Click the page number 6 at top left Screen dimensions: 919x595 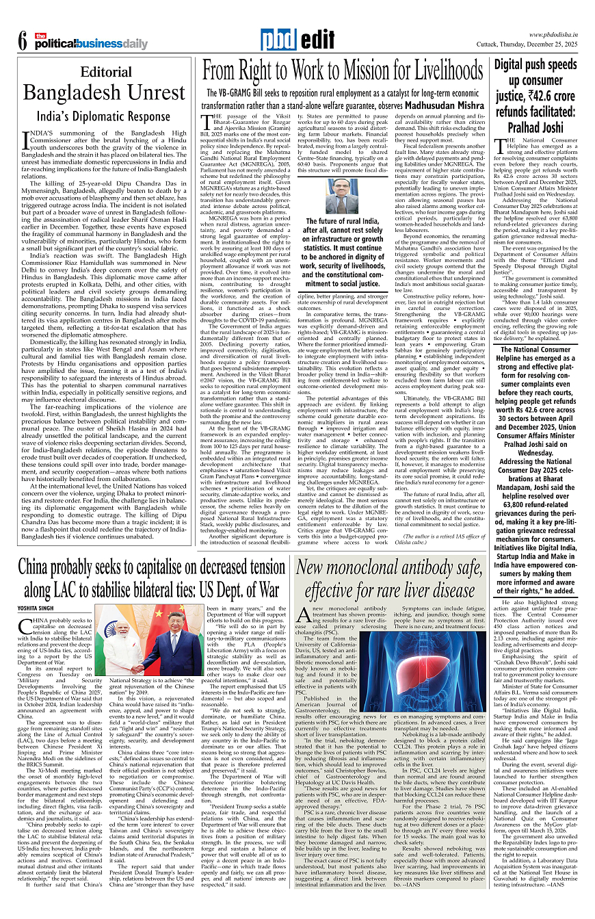coord(22,41)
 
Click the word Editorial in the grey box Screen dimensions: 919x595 coord(106,73)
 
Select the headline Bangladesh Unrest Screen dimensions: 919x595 coord(106,92)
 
